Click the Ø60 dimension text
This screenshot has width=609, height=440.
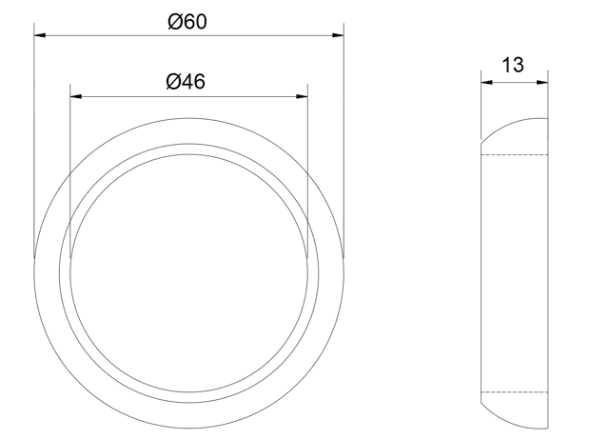pos(187,22)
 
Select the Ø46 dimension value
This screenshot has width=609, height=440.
pos(187,81)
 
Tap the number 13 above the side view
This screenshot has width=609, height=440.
pos(513,65)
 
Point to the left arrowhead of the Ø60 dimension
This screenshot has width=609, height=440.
pos(40,37)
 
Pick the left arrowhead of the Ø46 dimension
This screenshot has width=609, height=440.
pos(77,96)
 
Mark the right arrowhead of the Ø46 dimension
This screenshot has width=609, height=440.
pos(302,96)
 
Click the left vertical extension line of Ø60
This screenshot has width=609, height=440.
pos(34,143)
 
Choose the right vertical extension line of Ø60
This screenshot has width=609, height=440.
pos(343,143)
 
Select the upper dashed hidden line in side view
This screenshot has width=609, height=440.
pos(514,154)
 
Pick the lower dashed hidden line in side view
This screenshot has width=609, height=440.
pos(514,392)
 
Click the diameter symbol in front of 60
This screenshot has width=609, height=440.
pos(174,22)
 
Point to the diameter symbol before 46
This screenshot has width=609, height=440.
pos(173,81)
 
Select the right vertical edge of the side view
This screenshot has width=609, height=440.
pos(548,276)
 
